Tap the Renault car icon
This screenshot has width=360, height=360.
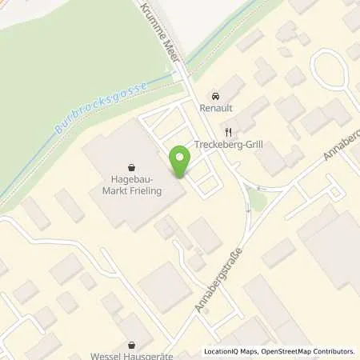pos(214,93)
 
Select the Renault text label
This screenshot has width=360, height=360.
pos(214,106)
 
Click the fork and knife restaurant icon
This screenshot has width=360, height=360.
pos(228,132)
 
